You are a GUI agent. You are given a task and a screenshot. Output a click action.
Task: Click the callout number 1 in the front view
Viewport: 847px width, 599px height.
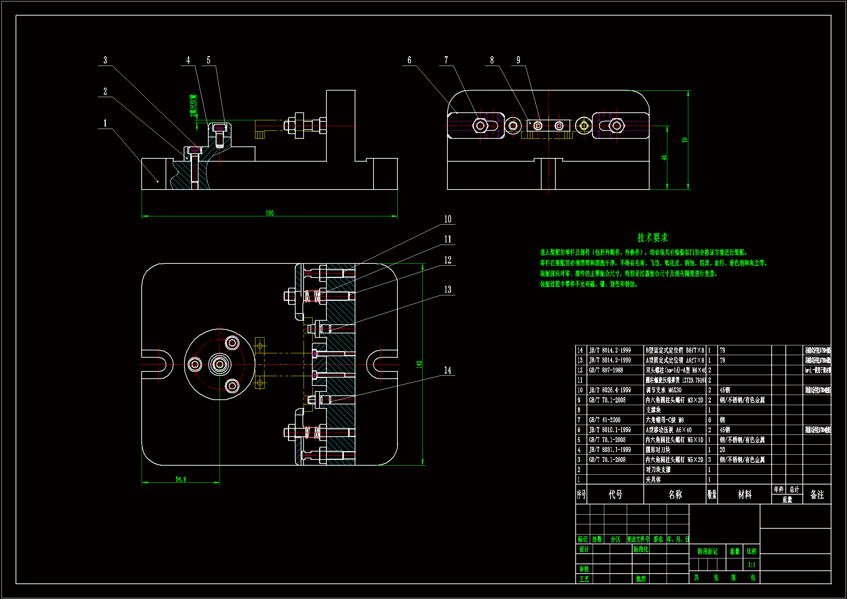coord(105,123)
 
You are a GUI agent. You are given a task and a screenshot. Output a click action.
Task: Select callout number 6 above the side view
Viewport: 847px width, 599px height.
coord(409,60)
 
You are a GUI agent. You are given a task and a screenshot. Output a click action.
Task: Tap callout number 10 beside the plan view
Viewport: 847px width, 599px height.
coord(447,219)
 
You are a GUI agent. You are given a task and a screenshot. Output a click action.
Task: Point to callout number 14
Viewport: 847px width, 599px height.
coord(447,370)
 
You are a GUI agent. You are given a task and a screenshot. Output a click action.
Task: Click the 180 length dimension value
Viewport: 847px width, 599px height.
coord(270,213)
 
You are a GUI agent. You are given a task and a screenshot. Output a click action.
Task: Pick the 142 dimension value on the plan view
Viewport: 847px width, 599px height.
coord(419,364)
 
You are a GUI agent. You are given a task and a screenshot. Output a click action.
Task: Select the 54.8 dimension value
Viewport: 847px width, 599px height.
coord(181,479)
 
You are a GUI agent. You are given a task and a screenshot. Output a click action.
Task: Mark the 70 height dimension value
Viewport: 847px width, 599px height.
coord(685,140)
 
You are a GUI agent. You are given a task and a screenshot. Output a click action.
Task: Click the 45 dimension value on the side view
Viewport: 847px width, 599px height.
coord(664,158)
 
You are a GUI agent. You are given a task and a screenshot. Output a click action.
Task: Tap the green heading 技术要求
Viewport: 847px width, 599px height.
coord(652,238)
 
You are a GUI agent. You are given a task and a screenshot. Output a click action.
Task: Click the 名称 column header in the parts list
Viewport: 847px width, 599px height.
coord(675,495)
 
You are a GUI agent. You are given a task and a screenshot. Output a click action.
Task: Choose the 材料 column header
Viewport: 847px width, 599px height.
coord(744,495)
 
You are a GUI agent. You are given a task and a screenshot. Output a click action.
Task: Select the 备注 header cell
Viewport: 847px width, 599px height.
coord(817,495)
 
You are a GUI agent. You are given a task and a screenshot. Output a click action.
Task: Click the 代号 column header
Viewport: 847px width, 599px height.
coord(616,495)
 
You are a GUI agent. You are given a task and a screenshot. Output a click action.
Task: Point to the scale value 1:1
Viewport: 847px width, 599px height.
coord(751,565)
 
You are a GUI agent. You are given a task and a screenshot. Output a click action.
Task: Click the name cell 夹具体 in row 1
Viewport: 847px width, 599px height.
coord(653,480)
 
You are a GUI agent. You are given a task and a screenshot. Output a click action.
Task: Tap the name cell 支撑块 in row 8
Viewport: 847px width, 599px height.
coord(653,410)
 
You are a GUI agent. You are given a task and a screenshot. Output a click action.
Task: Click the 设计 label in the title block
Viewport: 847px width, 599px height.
coord(584,550)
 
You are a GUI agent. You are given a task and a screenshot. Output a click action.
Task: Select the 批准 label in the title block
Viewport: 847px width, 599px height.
coord(641,579)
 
